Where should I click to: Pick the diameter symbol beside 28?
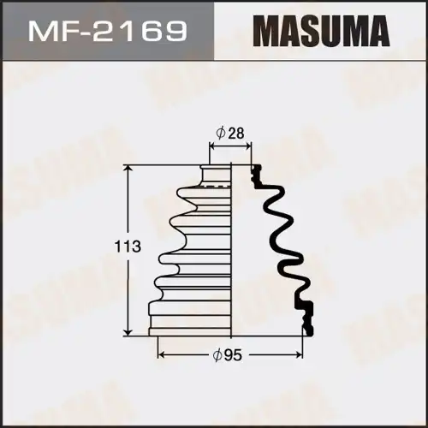click(x=221, y=134)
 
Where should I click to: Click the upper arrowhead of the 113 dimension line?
click(x=129, y=169)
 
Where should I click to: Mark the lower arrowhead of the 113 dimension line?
click(x=129, y=331)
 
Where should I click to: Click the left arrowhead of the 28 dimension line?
click(x=211, y=146)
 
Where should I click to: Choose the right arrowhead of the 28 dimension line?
click(x=252, y=146)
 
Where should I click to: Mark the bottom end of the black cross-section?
click(x=306, y=330)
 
